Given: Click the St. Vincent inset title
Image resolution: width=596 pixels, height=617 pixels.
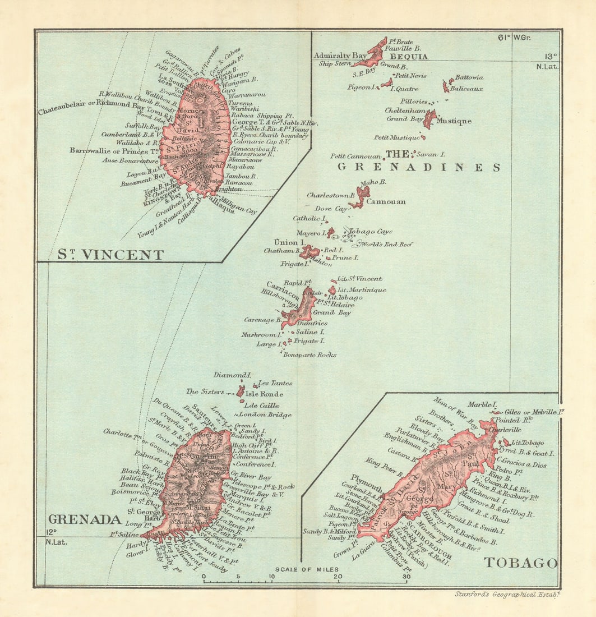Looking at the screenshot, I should (110, 255).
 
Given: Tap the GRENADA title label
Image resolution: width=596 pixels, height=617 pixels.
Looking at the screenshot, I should (84, 519).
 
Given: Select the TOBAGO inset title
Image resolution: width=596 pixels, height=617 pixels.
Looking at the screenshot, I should (521, 563).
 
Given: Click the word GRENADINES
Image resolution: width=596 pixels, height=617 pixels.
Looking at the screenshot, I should (418, 167).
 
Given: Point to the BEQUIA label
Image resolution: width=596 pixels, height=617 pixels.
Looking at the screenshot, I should (409, 57).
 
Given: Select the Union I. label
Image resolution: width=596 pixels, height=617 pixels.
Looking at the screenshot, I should (287, 242).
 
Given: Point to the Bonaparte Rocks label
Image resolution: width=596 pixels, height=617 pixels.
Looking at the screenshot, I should (310, 355).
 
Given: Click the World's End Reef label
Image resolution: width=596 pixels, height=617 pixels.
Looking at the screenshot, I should (387, 245).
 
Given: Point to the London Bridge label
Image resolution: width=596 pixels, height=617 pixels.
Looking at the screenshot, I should (268, 415).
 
